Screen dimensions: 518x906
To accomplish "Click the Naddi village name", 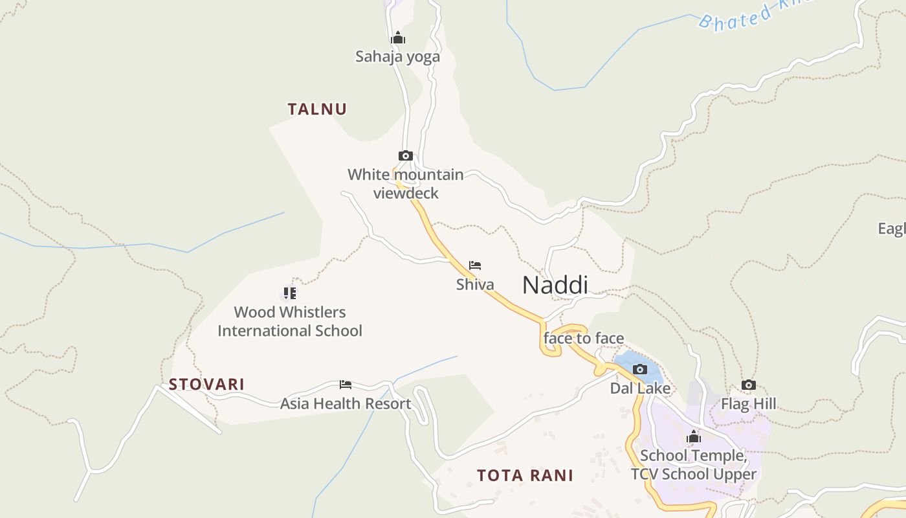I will tap(555, 285).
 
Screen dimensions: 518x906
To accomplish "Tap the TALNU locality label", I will tap(317, 109).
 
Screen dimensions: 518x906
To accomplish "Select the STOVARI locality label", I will tap(206, 384).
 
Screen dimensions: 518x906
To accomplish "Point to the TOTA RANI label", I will tap(525, 475).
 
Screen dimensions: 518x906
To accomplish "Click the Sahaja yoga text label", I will tap(397, 56).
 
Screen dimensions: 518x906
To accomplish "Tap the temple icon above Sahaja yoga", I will tap(398, 38).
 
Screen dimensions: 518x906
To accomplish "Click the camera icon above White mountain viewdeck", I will tap(406, 155).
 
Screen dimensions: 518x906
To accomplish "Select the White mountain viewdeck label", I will tap(406, 184).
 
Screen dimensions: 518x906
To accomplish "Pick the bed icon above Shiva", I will tap(475, 265).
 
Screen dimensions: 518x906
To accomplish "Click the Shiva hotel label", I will tap(475, 284).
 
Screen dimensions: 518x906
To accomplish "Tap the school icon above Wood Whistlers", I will tap(289, 293).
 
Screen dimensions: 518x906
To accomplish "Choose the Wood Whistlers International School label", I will tap(289, 321).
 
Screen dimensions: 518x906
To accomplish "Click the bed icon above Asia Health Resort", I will tap(346, 385).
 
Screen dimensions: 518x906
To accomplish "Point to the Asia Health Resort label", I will tap(346, 403).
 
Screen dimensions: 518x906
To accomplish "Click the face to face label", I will tap(584, 338).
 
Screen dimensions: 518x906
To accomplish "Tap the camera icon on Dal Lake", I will tap(640, 369).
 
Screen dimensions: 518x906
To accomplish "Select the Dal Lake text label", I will tap(640, 388).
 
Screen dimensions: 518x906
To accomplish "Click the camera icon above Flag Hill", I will tap(749, 385).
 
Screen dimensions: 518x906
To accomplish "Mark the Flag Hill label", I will tap(749, 405).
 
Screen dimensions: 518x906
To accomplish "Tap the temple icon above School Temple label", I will tap(694, 437).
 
